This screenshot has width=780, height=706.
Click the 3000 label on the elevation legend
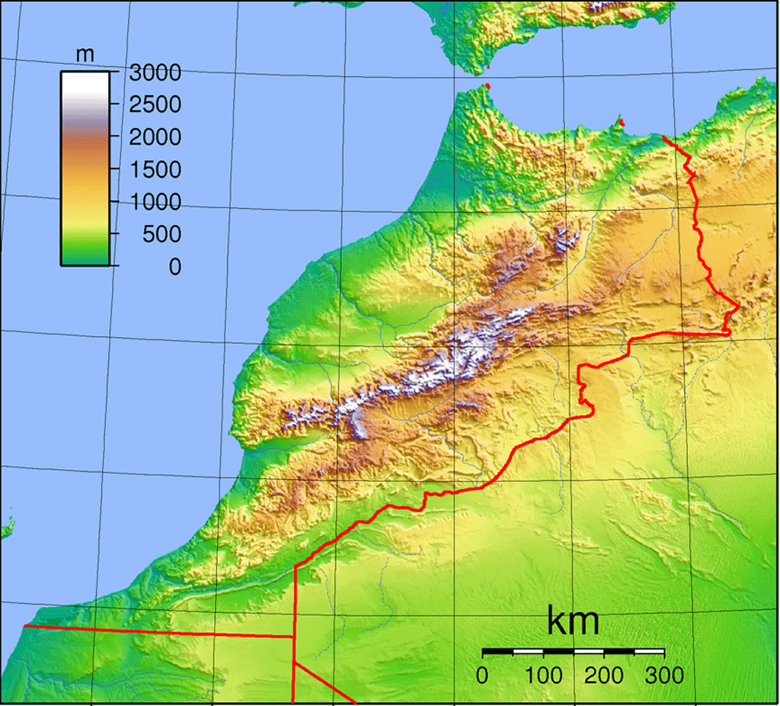(155, 73)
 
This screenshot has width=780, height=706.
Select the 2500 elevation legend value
(155, 105)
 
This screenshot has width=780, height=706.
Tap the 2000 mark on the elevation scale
(155, 138)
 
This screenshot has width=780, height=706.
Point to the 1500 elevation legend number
(155, 170)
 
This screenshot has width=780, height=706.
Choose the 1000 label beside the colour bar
(155, 203)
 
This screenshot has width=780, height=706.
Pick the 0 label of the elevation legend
(175, 267)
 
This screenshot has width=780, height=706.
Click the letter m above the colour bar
(85, 55)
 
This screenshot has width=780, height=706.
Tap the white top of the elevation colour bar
(85, 80)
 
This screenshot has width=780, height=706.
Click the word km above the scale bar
(573, 622)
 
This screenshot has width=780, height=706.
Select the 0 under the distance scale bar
(482, 675)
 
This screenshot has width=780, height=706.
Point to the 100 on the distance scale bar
(543, 675)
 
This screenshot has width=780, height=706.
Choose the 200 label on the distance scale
(604, 675)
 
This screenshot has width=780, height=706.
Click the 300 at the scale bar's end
(664, 675)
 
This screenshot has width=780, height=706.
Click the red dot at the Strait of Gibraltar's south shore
(487, 86)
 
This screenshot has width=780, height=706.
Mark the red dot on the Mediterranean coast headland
(622, 121)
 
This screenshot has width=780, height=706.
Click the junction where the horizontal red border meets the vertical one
(294, 636)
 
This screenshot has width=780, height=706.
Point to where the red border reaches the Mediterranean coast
(664, 138)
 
